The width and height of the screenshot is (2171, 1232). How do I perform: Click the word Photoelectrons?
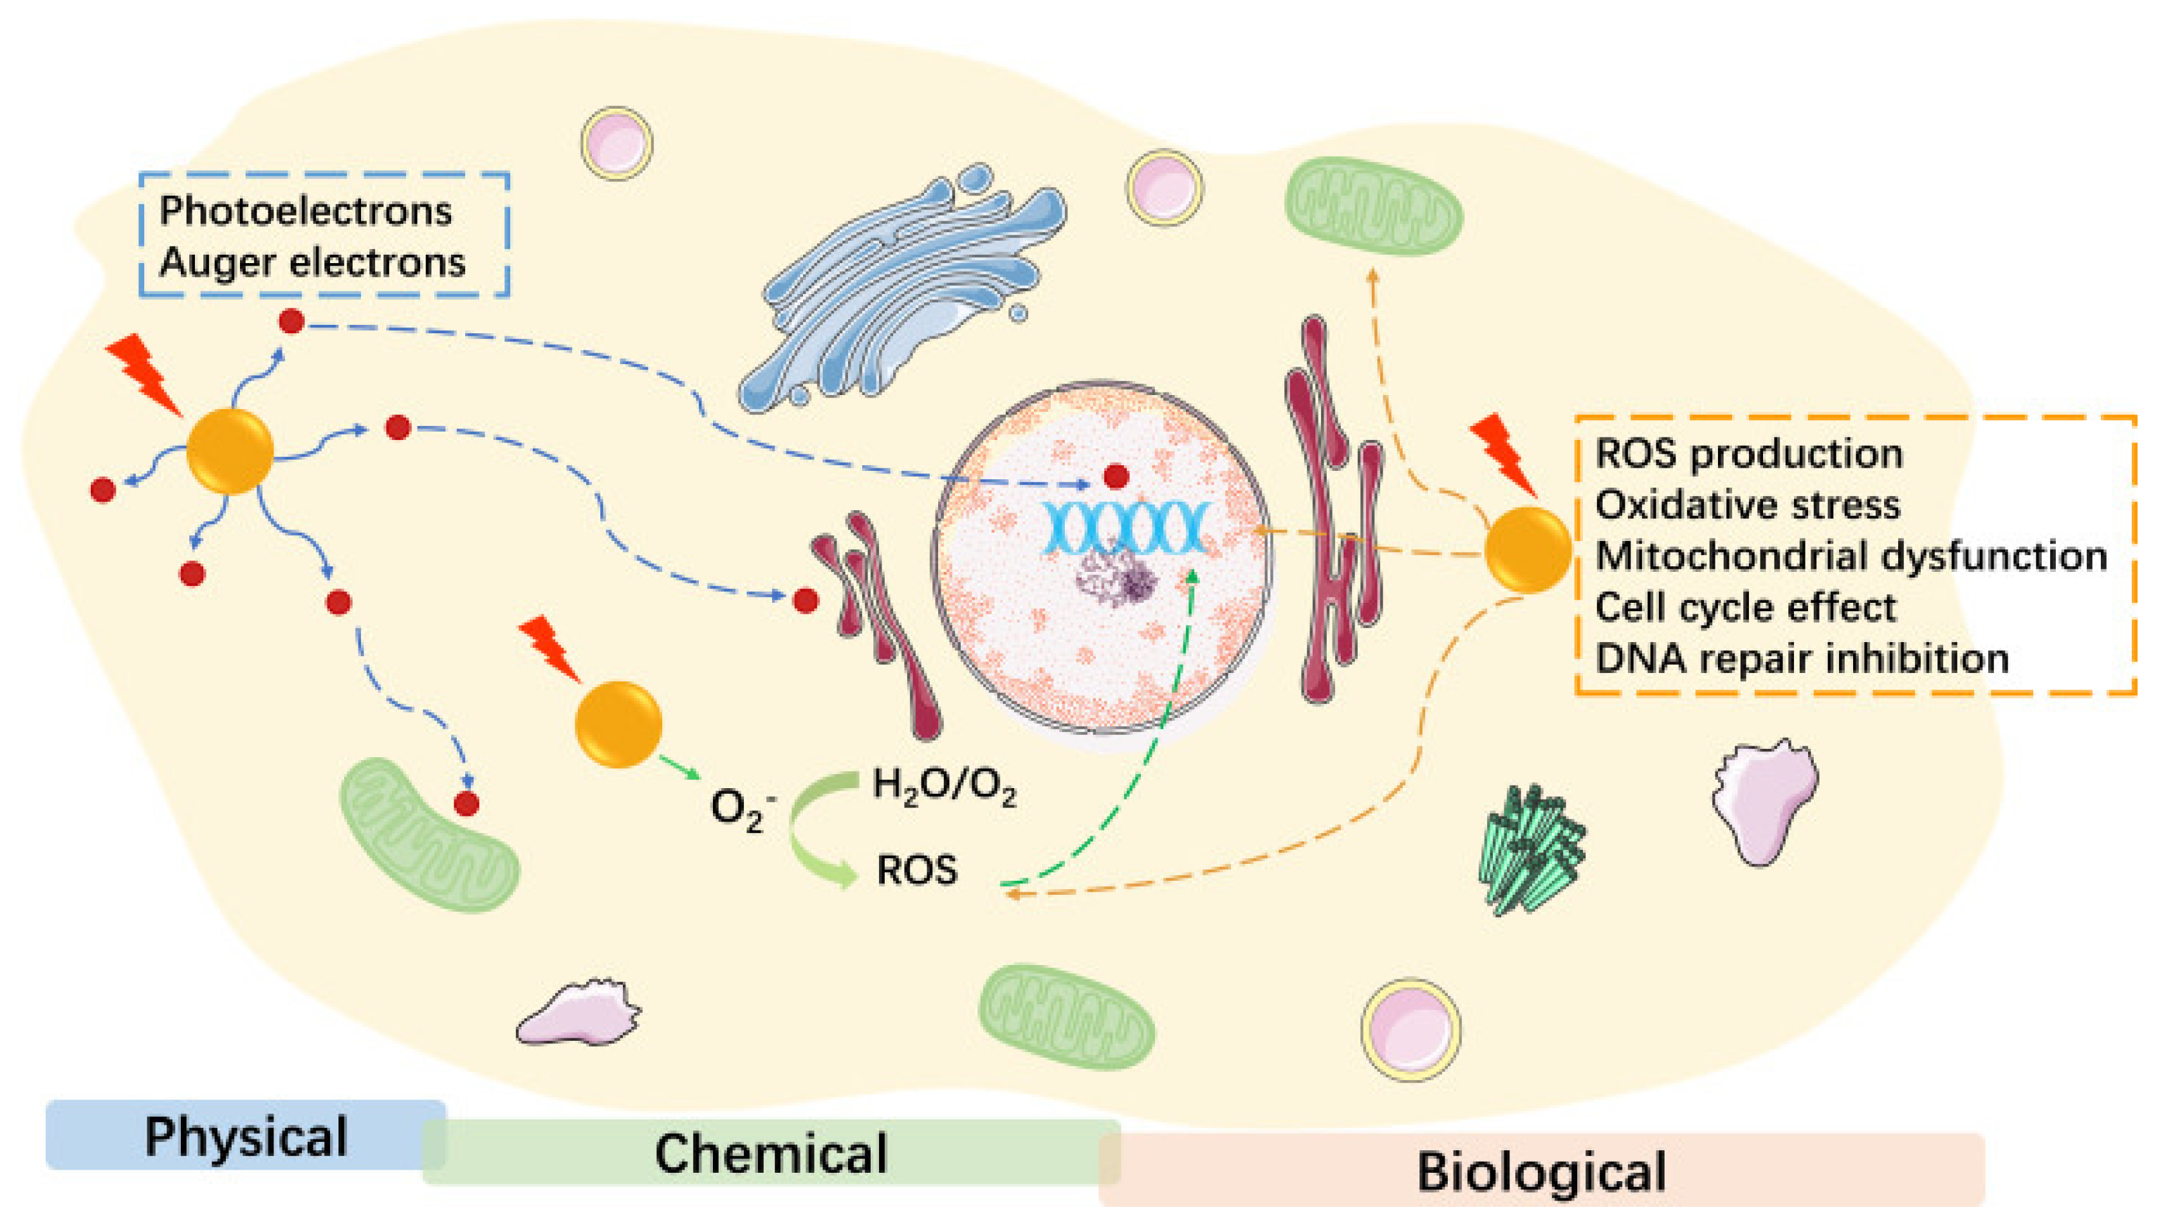[306, 210]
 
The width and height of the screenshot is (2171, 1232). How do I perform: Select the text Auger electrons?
[312, 262]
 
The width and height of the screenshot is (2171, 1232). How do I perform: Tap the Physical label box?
[245, 1135]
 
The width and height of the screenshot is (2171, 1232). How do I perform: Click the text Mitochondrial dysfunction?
[1851, 556]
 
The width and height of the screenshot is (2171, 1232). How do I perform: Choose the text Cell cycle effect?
[1746, 607]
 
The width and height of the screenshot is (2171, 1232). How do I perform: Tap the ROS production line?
[1749, 454]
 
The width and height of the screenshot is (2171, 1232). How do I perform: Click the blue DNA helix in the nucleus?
[1123, 526]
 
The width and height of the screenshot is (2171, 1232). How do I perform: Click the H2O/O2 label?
[943, 786]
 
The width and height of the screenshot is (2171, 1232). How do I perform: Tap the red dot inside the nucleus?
[1116, 476]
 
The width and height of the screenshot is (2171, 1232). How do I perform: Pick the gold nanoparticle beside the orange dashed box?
[1528, 549]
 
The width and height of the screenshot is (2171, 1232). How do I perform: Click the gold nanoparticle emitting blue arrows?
[229, 451]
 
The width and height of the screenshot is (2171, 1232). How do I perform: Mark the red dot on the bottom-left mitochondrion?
[467, 803]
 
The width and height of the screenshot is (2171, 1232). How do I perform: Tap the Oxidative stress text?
[1747, 505]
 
